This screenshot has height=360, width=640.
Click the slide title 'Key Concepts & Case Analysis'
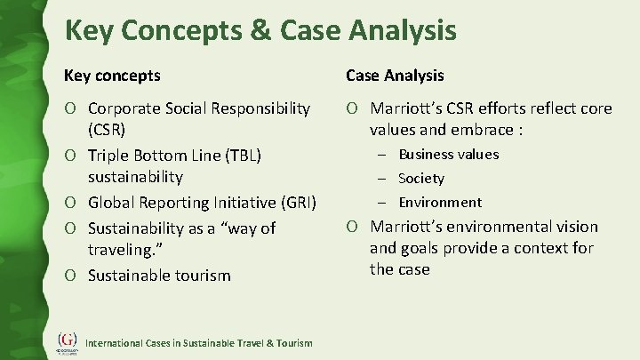(260, 31)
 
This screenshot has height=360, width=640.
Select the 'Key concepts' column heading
(113, 76)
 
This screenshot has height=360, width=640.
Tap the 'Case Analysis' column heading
(395, 76)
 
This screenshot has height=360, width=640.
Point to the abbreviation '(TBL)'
(232, 156)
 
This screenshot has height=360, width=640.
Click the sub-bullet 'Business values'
(448, 155)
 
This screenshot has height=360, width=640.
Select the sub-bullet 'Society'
(420, 179)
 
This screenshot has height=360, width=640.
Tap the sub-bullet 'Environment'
(439, 202)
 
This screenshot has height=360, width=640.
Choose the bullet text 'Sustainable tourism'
(159, 275)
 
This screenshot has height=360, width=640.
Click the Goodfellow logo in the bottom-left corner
(68, 341)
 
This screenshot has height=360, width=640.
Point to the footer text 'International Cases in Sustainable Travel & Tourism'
(198, 343)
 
